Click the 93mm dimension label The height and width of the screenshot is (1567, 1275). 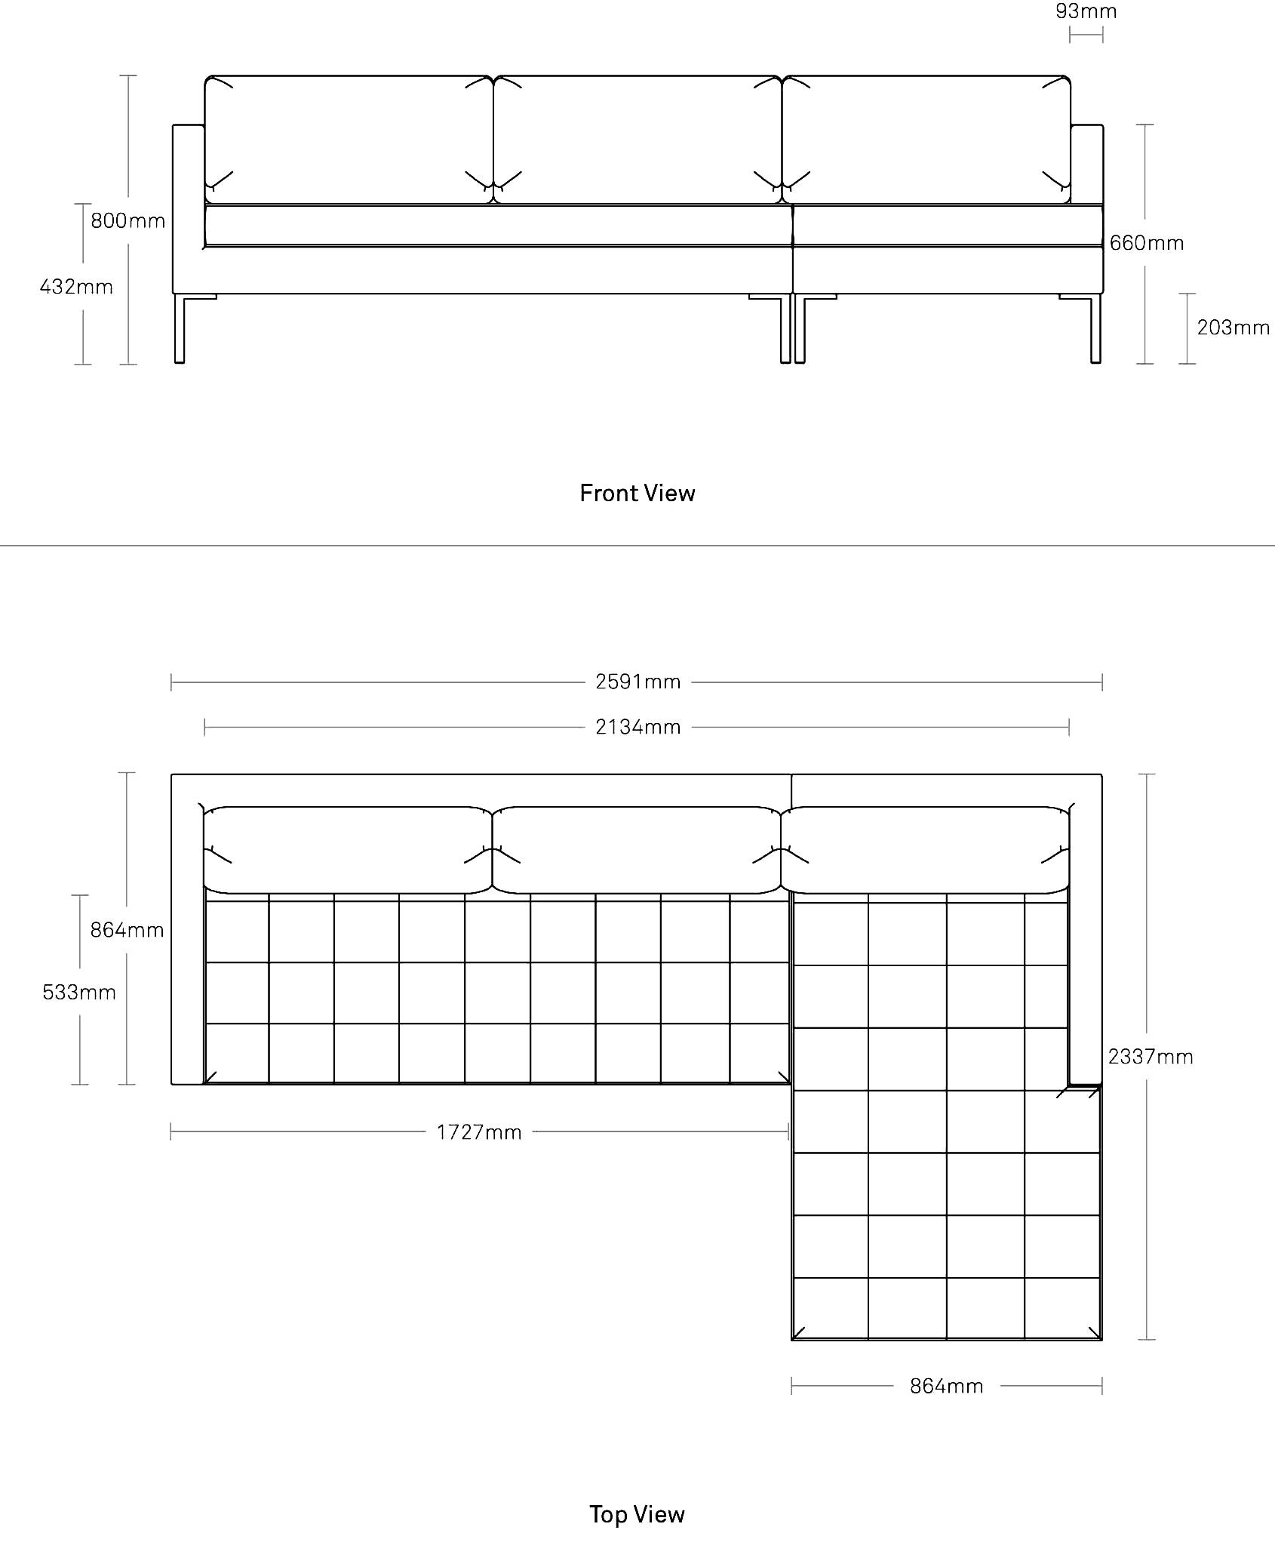point(1086,11)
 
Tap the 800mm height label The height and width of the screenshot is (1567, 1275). point(128,220)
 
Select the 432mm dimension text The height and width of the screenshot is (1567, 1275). point(76,287)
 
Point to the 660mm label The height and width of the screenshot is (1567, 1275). point(1147,243)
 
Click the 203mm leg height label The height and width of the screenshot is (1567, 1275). point(1234,328)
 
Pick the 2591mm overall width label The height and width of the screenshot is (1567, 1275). point(638,682)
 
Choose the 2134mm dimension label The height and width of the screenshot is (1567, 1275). point(638,727)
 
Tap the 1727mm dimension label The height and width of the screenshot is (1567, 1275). point(479,1132)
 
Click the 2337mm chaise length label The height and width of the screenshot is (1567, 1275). point(1151,1057)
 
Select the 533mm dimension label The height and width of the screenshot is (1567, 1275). point(79,992)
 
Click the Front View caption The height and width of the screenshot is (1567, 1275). point(637,493)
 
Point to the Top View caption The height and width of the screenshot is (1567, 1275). point(637,1514)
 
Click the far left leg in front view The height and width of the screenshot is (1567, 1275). point(180,328)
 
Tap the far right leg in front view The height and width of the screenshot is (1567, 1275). point(1095,328)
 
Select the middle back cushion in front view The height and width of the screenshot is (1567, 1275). point(637,140)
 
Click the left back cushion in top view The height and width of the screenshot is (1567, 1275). point(348,850)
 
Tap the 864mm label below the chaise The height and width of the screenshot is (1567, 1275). point(947,1386)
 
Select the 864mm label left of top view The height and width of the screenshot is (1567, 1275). point(127,930)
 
